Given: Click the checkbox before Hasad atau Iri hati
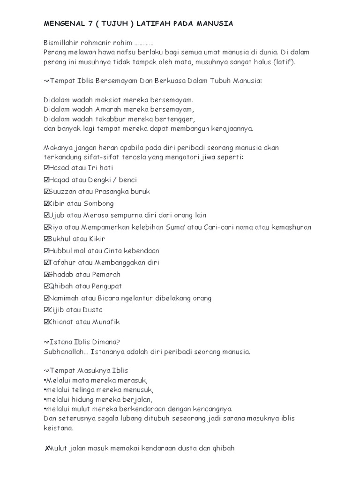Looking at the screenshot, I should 46,168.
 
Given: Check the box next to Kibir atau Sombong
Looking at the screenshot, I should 46,203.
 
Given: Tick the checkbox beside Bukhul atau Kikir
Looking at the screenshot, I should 46,239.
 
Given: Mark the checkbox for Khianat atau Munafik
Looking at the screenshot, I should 46,322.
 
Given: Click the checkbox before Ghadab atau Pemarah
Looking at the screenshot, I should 46,274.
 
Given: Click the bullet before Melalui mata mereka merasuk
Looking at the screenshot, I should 45,380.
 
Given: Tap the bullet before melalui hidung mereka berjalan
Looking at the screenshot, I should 45,399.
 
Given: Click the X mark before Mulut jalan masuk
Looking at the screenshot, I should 46,449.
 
